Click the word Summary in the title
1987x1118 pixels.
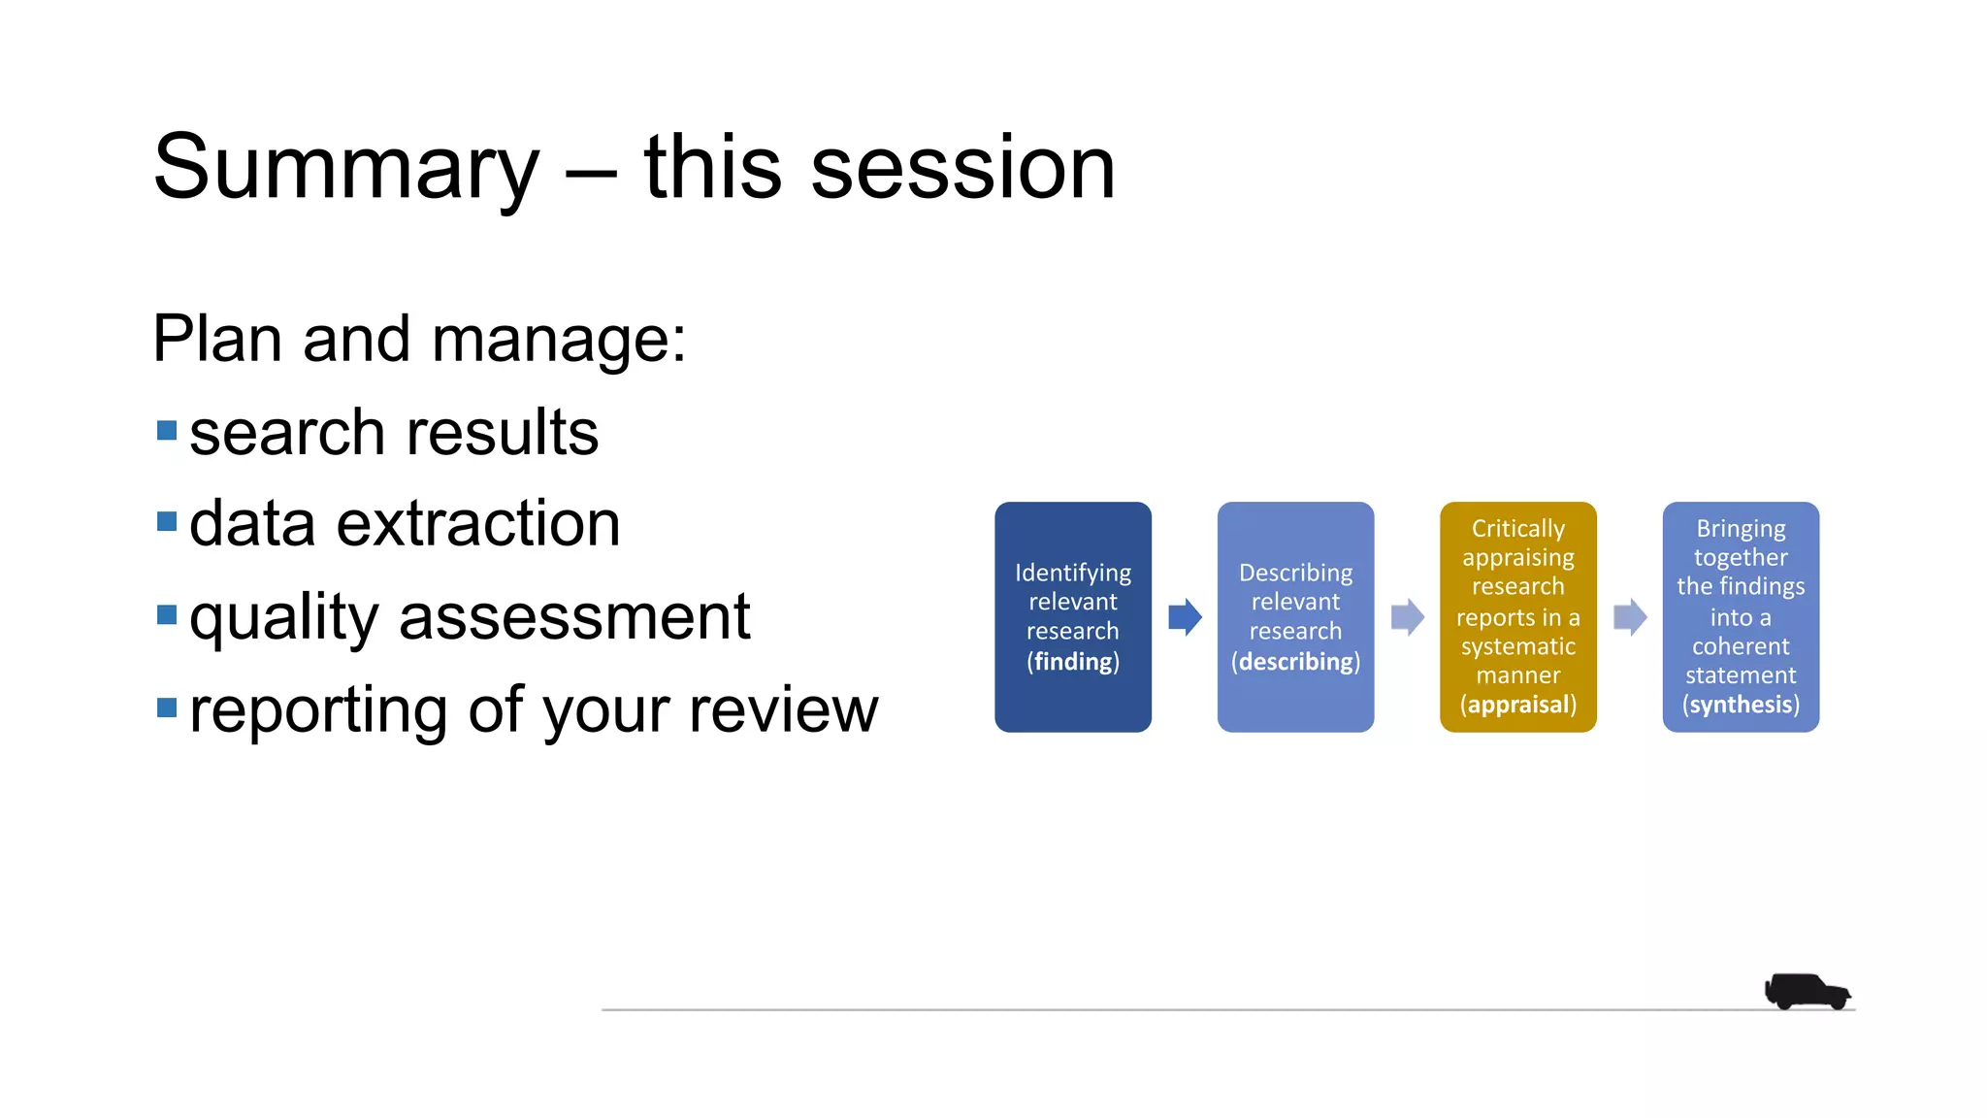[x=345, y=169]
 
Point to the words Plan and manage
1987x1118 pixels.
[x=419, y=340]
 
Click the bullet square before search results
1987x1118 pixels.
[x=167, y=430]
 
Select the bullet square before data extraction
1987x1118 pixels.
[x=167, y=522]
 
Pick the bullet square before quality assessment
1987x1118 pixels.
[x=167, y=614]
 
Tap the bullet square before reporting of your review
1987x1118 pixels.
[x=167, y=707]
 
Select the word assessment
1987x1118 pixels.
[x=574, y=617]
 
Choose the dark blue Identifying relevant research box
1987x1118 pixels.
[x=1072, y=616]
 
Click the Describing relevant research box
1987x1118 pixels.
[x=1295, y=616]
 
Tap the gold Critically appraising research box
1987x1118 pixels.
[x=1517, y=616]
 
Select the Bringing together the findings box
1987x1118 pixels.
[x=1741, y=616]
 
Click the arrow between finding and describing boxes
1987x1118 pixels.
[x=1185, y=617]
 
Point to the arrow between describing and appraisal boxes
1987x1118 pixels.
[x=1407, y=617]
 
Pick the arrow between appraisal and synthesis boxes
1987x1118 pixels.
[x=1630, y=617]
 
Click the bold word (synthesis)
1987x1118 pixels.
[x=1741, y=705]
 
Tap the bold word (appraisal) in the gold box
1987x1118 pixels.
[x=1518, y=705]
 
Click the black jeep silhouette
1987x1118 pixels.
[x=1807, y=991]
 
